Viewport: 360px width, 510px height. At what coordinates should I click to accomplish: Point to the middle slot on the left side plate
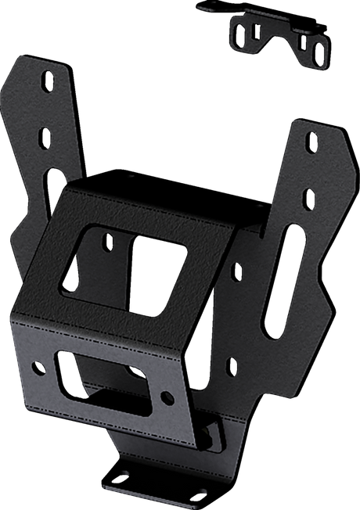(x=45, y=138)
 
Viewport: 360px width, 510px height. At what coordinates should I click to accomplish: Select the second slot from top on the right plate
(x=310, y=193)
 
